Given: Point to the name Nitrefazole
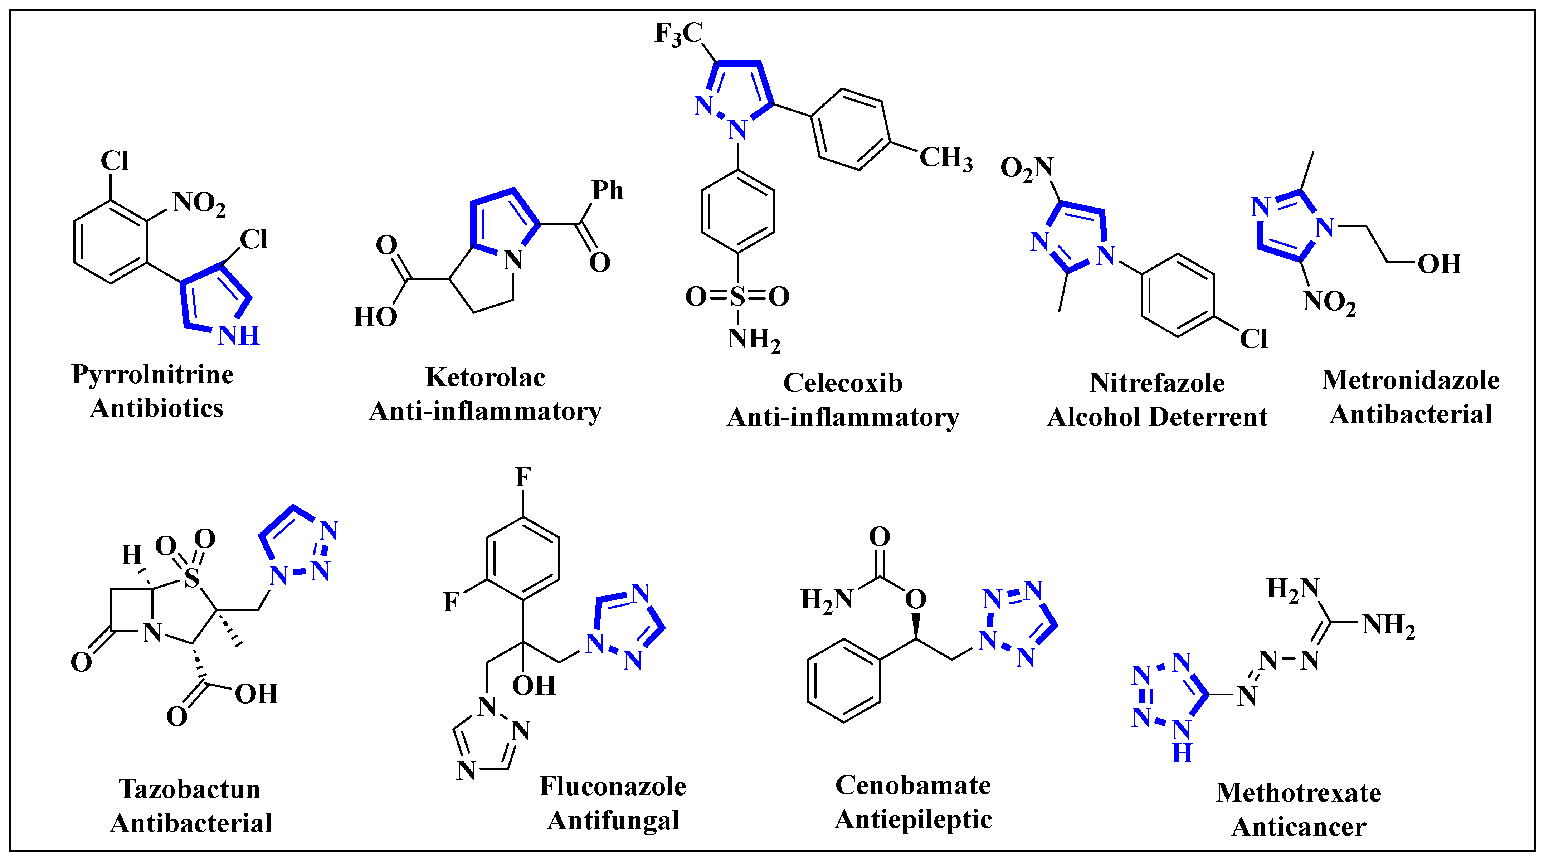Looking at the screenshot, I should [x=1157, y=383].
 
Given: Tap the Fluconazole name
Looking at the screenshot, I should [x=613, y=786].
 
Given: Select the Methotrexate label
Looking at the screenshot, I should [x=1298, y=793].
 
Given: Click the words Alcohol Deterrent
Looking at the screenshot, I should [x=1157, y=417].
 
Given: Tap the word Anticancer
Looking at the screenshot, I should [x=1298, y=827].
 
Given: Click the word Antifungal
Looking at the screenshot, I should [x=613, y=820].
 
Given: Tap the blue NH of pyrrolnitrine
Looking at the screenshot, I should [x=239, y=336].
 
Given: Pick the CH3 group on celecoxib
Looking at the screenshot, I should [x=945, y=158].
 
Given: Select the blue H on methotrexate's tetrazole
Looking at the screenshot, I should [x=1182, y=753].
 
